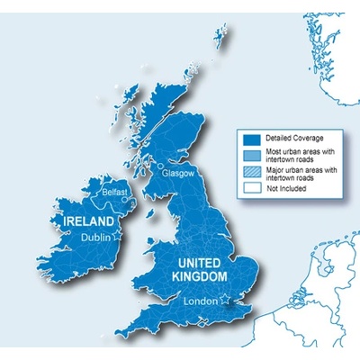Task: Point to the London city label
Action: pyautogui.click(x=201, y=302)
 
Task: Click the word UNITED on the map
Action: pyautogui.click(x=197, y=261)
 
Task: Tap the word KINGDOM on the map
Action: pyautogui.click(x=199, y=275)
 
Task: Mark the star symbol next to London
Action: pyautogui.click(x=225, y=300)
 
